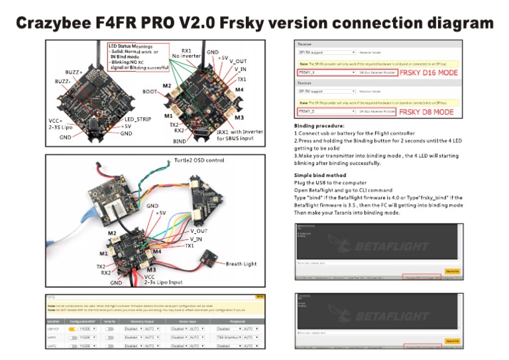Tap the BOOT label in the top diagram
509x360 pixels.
tap(150, 91)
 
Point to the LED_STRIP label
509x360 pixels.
tap(139, 119)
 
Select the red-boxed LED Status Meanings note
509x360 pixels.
tap(137, 57)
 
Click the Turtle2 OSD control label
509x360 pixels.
tap(205, 160)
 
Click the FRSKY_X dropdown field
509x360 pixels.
tap(327, 72)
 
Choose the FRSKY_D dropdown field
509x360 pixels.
tap(327, 112)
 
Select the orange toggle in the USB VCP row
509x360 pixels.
tap(73, 329)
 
